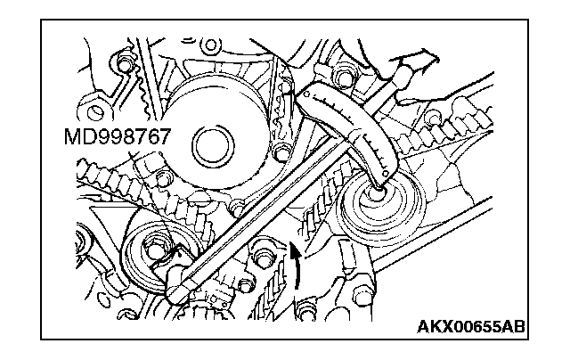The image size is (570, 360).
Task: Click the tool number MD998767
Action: (x=117, y=136)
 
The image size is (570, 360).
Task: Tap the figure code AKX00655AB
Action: (x=471, y=326)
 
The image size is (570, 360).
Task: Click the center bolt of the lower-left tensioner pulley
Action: (x=156, y=249)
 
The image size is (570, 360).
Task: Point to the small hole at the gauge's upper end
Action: (x=306, y=94)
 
